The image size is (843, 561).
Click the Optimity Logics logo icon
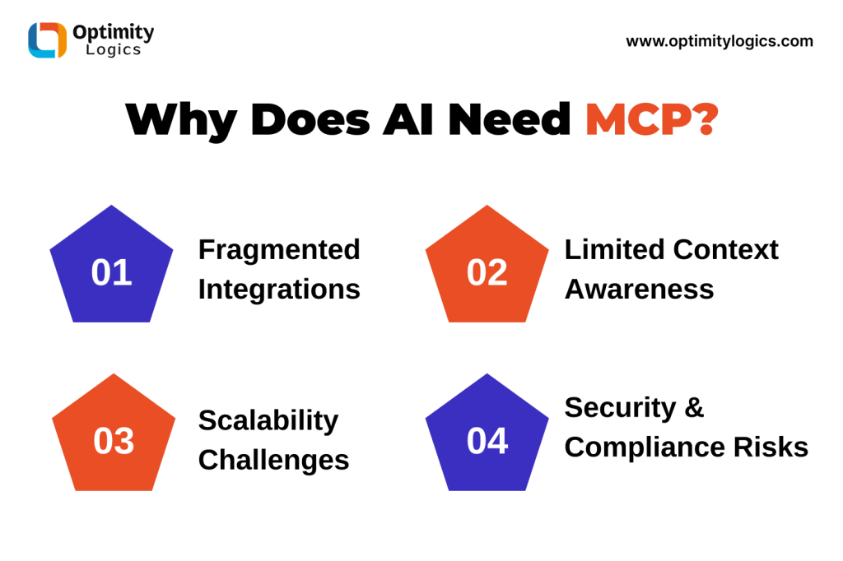click(47, 39)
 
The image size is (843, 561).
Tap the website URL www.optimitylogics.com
click(720, 41)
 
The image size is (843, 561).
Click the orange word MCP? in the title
click(652, 119)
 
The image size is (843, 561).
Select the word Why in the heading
click(181, 122)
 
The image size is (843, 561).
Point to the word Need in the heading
click(509, 119)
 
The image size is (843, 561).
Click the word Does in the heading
click(310, 119)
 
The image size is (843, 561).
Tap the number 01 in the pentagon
click(111, 272)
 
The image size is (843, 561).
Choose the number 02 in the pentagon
click(487, 272)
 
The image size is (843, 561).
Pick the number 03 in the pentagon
click(114, 441)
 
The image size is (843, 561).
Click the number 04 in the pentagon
click(487, 441)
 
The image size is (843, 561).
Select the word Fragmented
click(279, 251)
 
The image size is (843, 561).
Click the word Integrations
click(279, 290)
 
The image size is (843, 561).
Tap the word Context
click(725, 250)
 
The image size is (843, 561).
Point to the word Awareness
click(639, 290)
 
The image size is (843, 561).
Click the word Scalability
click(268, 421)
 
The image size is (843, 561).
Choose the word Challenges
click(273, 461)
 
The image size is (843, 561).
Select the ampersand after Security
click(694, 408)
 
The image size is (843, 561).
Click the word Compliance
click(645, 447)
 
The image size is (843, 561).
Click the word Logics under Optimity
click(114, 50)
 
